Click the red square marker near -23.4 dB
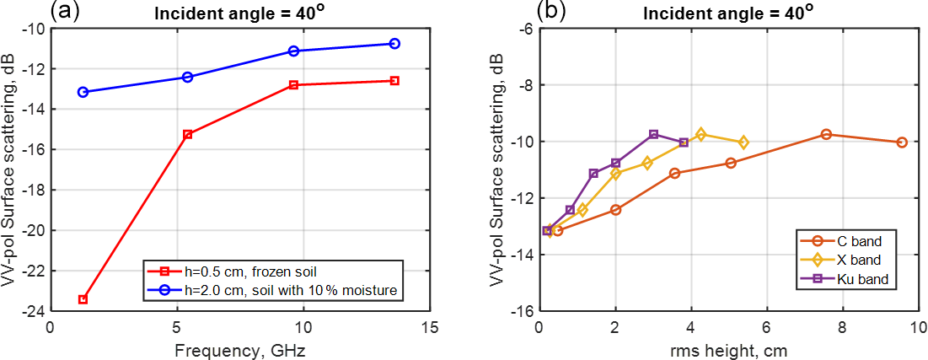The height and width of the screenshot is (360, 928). [83, 299]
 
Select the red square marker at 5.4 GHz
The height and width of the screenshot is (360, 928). [187, 134]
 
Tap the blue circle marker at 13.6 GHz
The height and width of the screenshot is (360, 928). [394, 43]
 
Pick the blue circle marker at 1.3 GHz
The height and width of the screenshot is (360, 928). [83, 91]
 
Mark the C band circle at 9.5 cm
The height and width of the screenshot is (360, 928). [901, 142]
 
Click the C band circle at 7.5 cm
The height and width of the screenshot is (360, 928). [826, 134]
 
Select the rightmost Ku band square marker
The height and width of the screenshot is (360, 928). [683, 142]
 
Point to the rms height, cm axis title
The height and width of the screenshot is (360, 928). [728, 348]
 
